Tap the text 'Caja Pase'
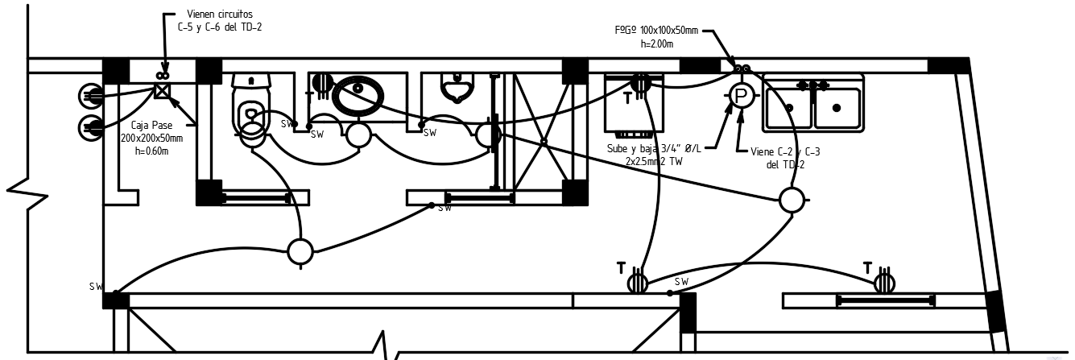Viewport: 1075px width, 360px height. pos(151,126)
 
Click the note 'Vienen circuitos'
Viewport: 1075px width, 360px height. pos(219,14)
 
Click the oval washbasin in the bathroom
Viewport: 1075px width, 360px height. pos(359,96)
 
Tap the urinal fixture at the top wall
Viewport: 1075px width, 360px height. pos(456,87)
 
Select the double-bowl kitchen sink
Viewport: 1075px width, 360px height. pos(812,105)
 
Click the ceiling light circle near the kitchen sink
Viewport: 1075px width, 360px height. pos(792,199)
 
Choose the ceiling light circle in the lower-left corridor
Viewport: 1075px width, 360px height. pos(300,251)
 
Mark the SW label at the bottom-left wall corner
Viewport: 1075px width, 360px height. pos(97,286)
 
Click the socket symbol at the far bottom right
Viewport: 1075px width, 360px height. pos(884,282)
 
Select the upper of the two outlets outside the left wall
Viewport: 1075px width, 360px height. pos(91,97)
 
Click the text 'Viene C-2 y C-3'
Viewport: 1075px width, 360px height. pos(784,151)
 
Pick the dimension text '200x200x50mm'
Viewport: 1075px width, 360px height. pos(151,139)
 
